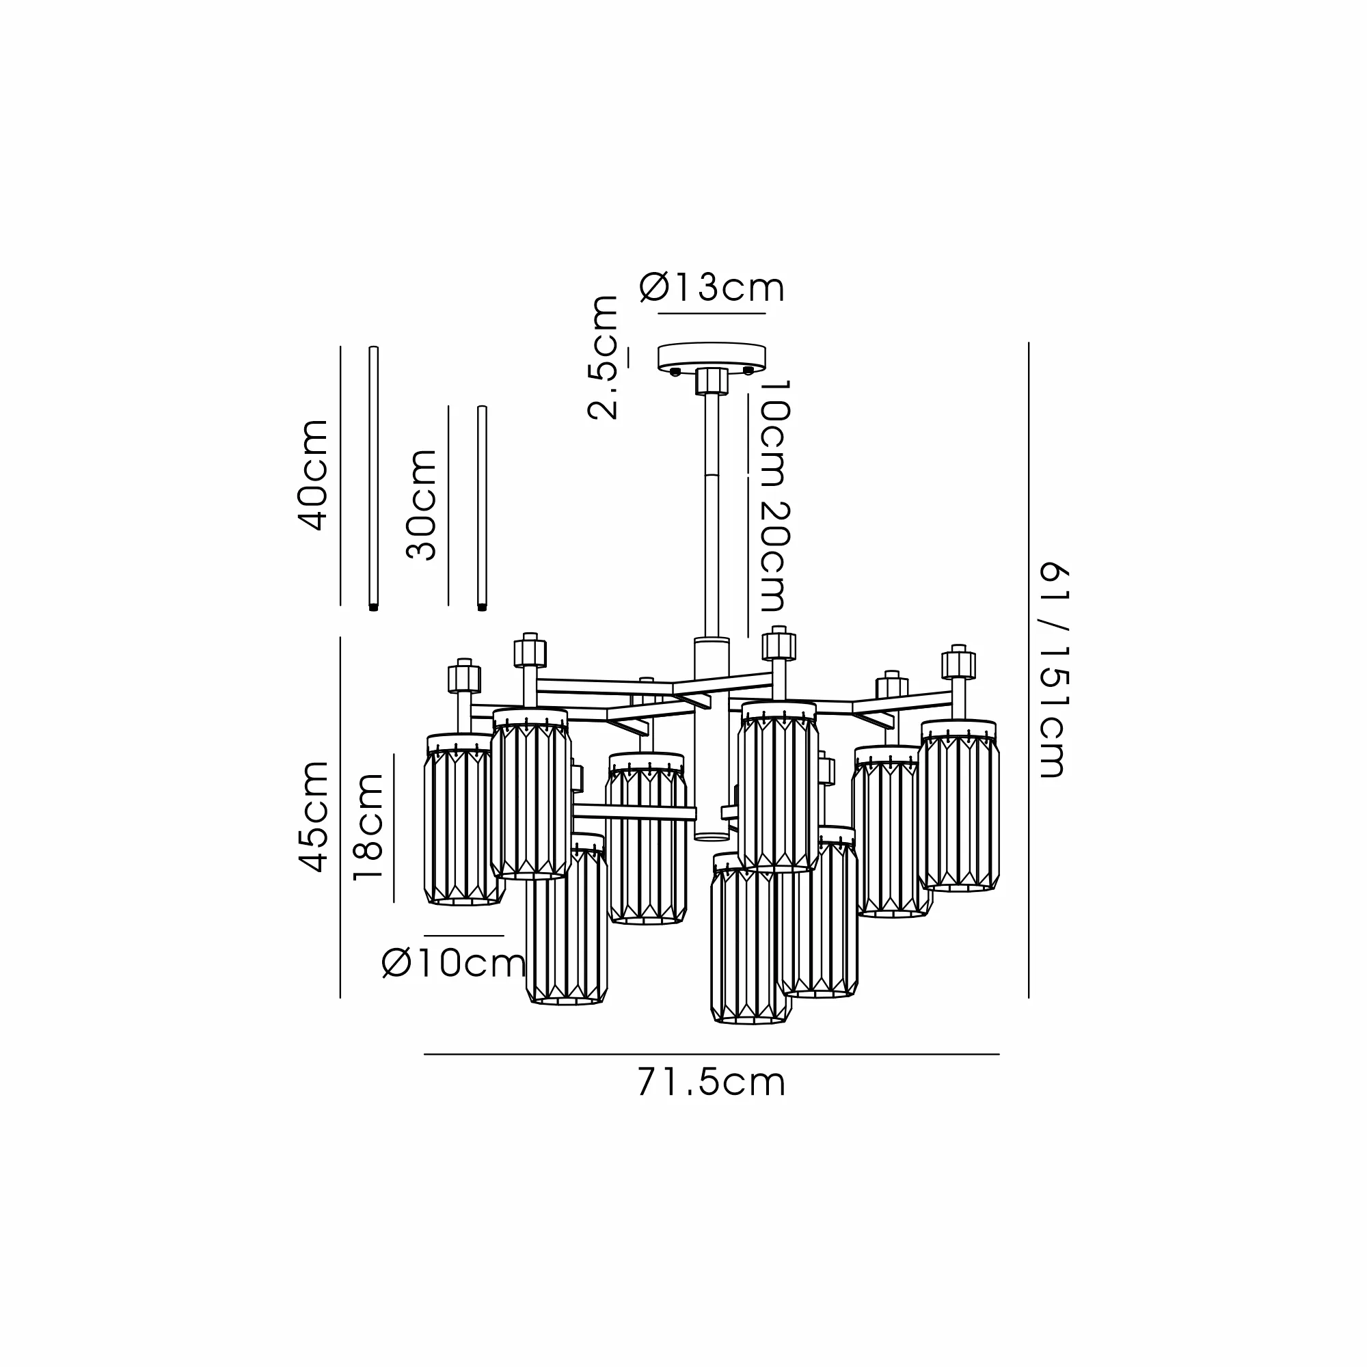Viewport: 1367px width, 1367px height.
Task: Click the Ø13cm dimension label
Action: [x=712, y=287]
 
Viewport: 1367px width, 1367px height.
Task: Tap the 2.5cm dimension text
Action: [x=603, y=357]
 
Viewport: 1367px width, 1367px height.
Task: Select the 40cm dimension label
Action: [x=313, y=475]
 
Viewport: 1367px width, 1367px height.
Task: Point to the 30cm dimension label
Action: [x=421, y=504]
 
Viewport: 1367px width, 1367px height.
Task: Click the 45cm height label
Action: [x=313, y=817]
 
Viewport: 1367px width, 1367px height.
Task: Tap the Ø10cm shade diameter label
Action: [x=454, y=963]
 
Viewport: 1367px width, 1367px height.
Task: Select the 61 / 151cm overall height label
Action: [x=1052, y=670]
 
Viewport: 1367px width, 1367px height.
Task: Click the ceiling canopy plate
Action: [x=712, y=357]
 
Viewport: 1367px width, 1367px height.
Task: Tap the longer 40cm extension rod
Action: [x=374, y=478]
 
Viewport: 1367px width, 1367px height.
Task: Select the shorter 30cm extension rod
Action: [x=482, y=507]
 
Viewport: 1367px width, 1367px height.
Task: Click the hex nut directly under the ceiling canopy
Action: [x=712, y=381]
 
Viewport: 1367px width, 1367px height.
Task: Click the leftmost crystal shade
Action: [x=464, y=820]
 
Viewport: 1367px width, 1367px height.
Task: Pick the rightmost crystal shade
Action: [x=959, y=805]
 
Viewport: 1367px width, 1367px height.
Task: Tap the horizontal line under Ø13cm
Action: [x=712, y=313]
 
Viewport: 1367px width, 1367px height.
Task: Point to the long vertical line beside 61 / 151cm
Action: [x=1029, y=670]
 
